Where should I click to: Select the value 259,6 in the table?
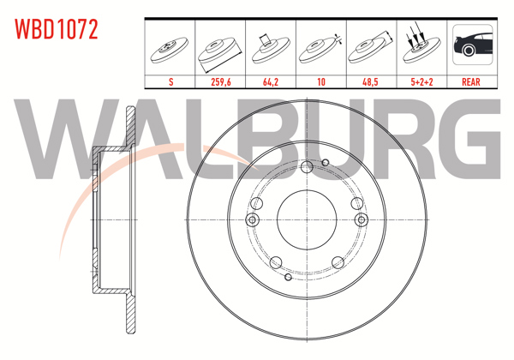pyautogui.click(x=220, y=83)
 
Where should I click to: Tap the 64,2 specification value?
pyautogui.click(x=271, y=83)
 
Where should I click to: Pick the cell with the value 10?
pyautogui.click(x=321, y=83)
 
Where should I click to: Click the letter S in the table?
pyautogui.click(x=170, y=83)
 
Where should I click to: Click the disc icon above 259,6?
pyautogui.click(x=220, y=48)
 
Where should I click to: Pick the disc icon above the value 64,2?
pyautogui.click(x=271, y=46)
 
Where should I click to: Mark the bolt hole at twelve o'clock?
pyautogui.click(x=306, y=168)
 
